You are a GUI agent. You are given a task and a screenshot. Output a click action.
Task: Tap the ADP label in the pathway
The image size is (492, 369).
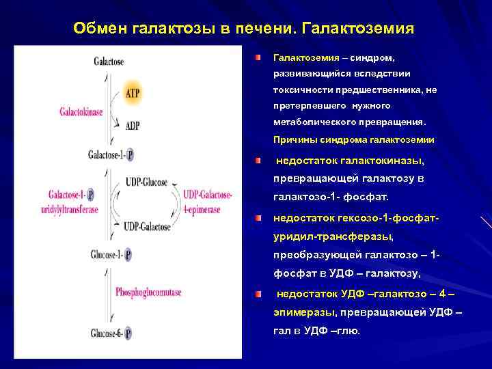click(132, 125)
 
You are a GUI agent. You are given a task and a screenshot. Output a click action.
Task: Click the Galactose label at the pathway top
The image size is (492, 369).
click(109, 61)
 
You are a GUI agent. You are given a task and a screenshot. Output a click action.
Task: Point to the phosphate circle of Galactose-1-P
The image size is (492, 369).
click(130, 155)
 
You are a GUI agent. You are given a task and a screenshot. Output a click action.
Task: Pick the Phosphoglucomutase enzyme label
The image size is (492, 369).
click(148, 292)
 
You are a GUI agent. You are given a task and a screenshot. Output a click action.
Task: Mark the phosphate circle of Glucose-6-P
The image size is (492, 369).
click(128, 334)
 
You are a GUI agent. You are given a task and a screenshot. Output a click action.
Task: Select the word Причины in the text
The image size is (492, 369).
click(290, 139)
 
